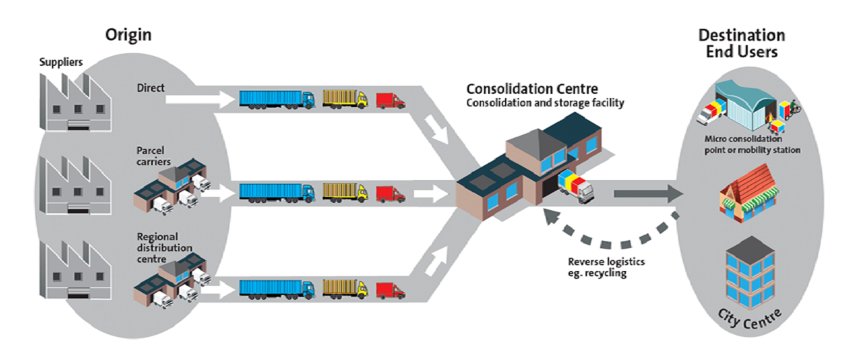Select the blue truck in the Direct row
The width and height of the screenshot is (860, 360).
point(277,99)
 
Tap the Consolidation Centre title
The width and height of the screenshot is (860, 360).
point(532,90)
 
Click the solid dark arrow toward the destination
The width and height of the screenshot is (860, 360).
point(648,194)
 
